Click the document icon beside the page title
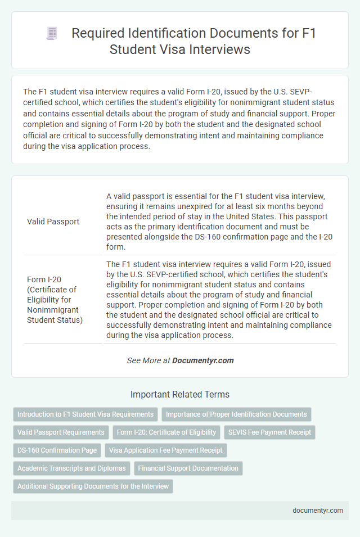[51, 33]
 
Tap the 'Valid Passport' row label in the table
[53, 222]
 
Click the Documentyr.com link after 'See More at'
[203, 360]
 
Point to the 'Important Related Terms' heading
[180, 394]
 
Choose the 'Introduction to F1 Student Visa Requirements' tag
[85, 414]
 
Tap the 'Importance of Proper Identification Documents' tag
[236, 414]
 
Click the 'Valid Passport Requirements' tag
[61, 432]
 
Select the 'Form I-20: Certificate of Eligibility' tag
[166, 432]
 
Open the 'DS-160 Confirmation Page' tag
[57, 450]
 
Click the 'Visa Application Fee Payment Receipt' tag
[165, 450]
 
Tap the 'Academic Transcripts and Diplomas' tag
[72, 468]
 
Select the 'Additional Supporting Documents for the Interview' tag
[93, 486]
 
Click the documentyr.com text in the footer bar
[318, 511]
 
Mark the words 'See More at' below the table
[148, 360]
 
